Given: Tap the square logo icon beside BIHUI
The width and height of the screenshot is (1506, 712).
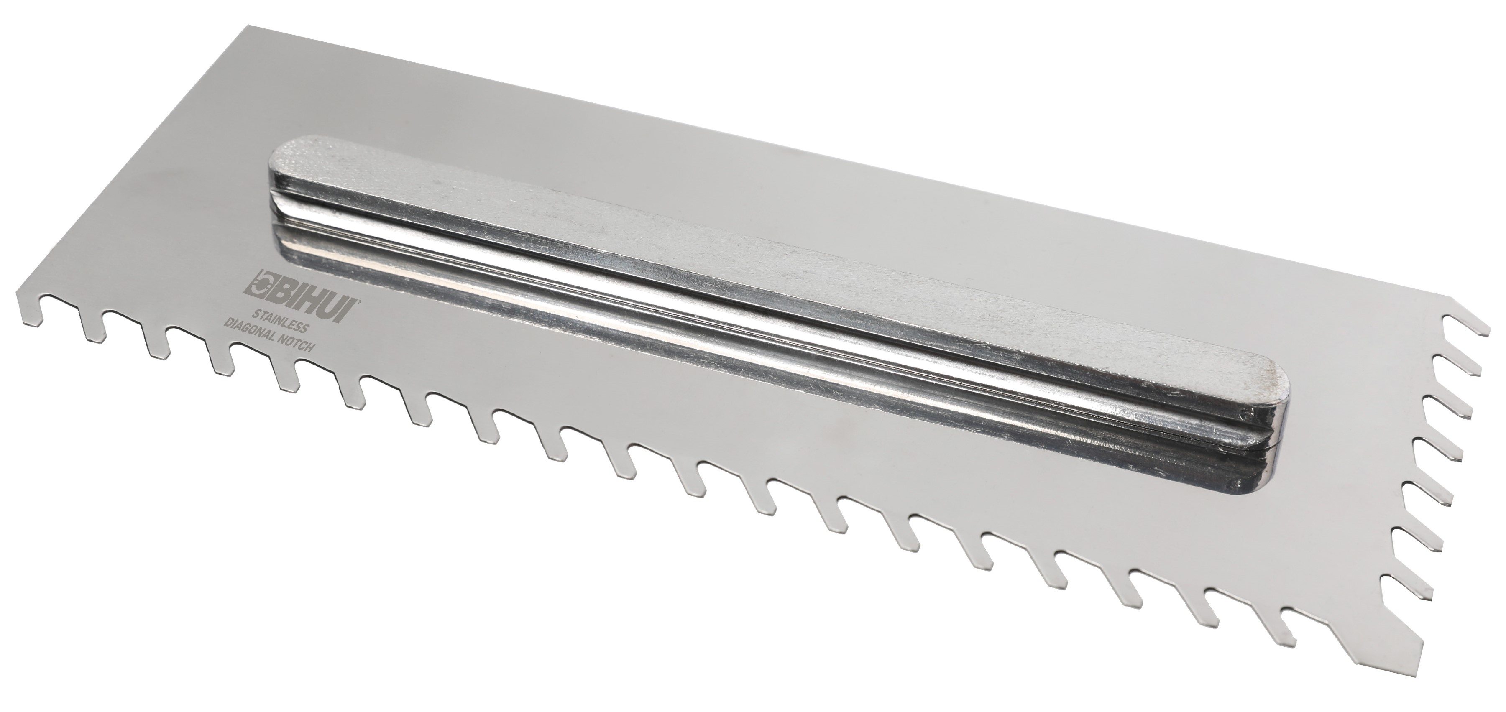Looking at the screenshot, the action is click(258, 289).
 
